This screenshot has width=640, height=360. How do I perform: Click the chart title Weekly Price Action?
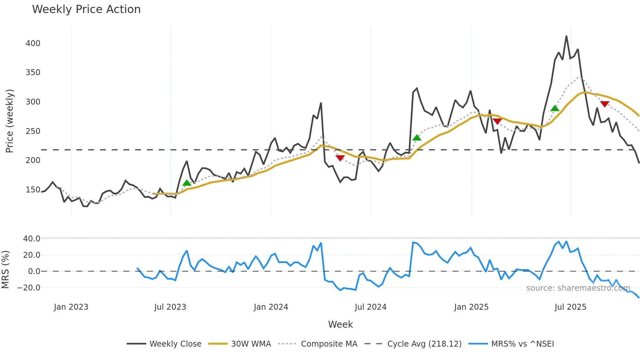pyautogui.click(x=86, y=9)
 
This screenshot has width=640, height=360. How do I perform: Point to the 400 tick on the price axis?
pyautogui.click(x=33, y=43)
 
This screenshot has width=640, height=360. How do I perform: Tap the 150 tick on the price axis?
pyautogui.click(x=33, y=190)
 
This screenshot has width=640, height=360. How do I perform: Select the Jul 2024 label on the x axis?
pyautogui.click(x=370, y=307)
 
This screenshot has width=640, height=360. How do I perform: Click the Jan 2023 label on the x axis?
pyautogui.click(x=71, y=307)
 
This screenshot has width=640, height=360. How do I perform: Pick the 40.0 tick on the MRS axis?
pyautogui.click(x=32, y=239)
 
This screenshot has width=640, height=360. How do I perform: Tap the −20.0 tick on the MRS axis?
pyautogui.click(x=29, y=288)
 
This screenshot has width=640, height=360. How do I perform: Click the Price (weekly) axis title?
pyautogui.click(x=9, y=121)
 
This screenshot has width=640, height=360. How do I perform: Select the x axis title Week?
pyautogui.click(x=340, y=324)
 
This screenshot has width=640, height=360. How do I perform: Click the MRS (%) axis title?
pyautogui.click(x=5, y=270)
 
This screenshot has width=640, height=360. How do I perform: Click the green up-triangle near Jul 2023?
pyautogui.click(x=187, y=183)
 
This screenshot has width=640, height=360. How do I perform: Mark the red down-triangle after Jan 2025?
pyautogui.click(x=497, y=122)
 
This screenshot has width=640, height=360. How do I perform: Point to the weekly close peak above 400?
pyautogui.click(x=566, y=36)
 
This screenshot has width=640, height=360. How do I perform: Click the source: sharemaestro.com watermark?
pyautogui.click(x=578, y=288)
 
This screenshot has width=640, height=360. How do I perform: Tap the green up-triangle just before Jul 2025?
pyautogui.click(x=555, y=108)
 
